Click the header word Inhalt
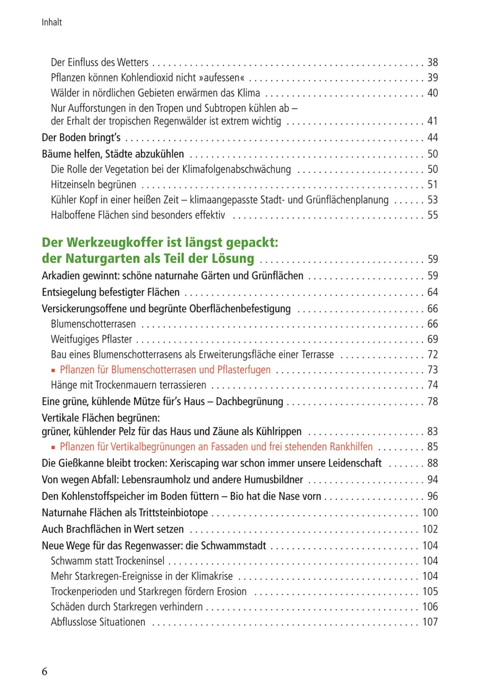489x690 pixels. click(x=52, y=22)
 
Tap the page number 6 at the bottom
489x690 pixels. click(x=45, y=671)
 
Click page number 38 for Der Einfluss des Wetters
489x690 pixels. click(x=432, y=62)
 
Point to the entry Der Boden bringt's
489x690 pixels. click(x=81, y=137)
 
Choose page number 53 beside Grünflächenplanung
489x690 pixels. click(x=432, y=200)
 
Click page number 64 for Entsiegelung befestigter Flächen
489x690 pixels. click(x=432, y=292)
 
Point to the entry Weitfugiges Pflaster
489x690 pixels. click(x=91, y=339)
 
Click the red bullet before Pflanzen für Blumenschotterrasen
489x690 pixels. click(x=53, y=370)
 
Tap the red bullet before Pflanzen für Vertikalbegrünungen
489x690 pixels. click(x=53, y=447)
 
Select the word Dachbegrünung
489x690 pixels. click(x=249, y=401)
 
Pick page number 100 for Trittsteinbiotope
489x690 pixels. click(x=430, y=512)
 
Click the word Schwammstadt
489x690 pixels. click(x=233, y=546)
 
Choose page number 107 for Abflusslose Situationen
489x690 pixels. click(x=430, y=622)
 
